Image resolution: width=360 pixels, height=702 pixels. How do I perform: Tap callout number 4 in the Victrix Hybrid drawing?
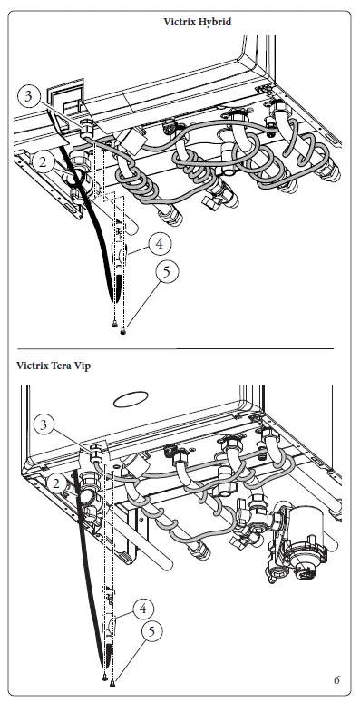pos(159,243)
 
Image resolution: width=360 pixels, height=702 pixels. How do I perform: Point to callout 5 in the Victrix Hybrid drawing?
pos(164,271)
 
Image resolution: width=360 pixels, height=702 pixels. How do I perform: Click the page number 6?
pos(336,679)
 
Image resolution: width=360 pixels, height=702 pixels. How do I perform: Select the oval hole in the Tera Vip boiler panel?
pos(132,398)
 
